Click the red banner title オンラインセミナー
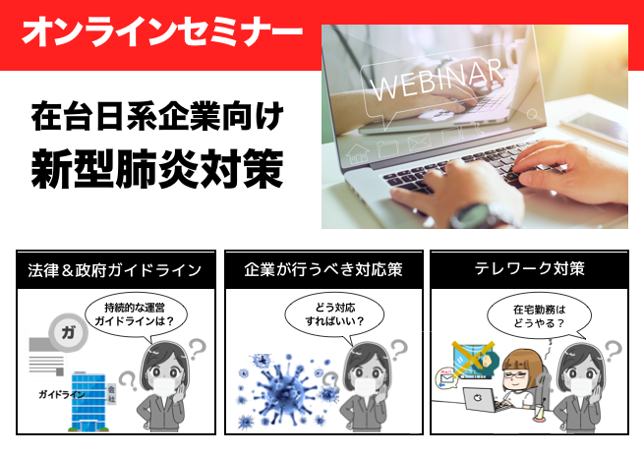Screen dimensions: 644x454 [x=162, y=31]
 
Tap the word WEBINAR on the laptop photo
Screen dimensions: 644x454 [x=437, y=80]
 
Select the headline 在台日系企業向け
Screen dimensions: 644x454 [x=157, y=116]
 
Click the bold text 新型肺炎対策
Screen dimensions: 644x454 [x=157, y=169]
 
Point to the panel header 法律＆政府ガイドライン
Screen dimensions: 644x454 [x=115, y=270]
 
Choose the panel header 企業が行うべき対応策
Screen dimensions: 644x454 [x=323, y=269]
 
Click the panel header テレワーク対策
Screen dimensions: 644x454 [x=529, y=269]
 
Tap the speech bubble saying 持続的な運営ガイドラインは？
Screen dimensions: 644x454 [x=135, y=315]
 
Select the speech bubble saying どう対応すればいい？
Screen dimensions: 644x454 [x=334, y=315]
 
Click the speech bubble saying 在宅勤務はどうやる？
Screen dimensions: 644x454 [x=539, y=316]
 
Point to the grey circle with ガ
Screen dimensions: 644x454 [x=68, y=332]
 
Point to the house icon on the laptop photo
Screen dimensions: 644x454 [x=358, y=154]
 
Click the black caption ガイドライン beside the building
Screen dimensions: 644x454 [x=62, y=395]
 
